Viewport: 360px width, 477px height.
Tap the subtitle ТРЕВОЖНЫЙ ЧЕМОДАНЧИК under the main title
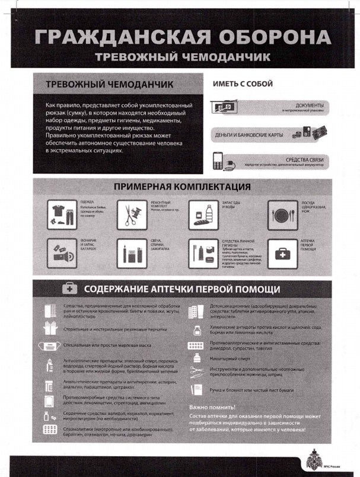182,57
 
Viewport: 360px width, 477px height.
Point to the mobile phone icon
219,161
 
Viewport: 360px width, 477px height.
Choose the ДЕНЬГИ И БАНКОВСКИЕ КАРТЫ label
249,135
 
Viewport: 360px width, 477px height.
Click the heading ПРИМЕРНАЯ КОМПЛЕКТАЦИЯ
182,187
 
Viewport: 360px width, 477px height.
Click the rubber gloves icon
50,329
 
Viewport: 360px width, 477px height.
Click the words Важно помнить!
212,407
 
